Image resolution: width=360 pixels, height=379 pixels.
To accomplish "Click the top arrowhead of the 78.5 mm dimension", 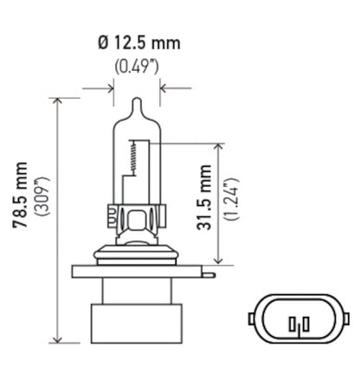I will click(58, 101).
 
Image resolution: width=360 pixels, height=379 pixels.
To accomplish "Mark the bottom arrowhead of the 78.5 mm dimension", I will click(58, 339).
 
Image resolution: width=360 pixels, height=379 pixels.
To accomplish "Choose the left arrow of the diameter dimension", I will click(108, 87).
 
